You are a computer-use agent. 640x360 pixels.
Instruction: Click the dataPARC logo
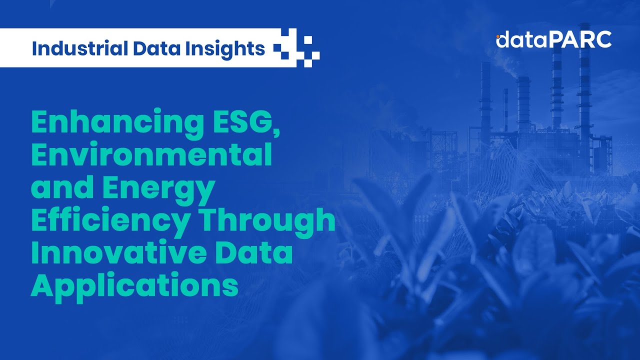click(x=553, y=40)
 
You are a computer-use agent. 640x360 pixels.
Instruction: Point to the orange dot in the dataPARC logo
click(x=498, y=36)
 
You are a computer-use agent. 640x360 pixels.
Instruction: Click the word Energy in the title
click(x=160, y=188)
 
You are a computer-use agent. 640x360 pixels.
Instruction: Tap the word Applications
click(x=134, y=284)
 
